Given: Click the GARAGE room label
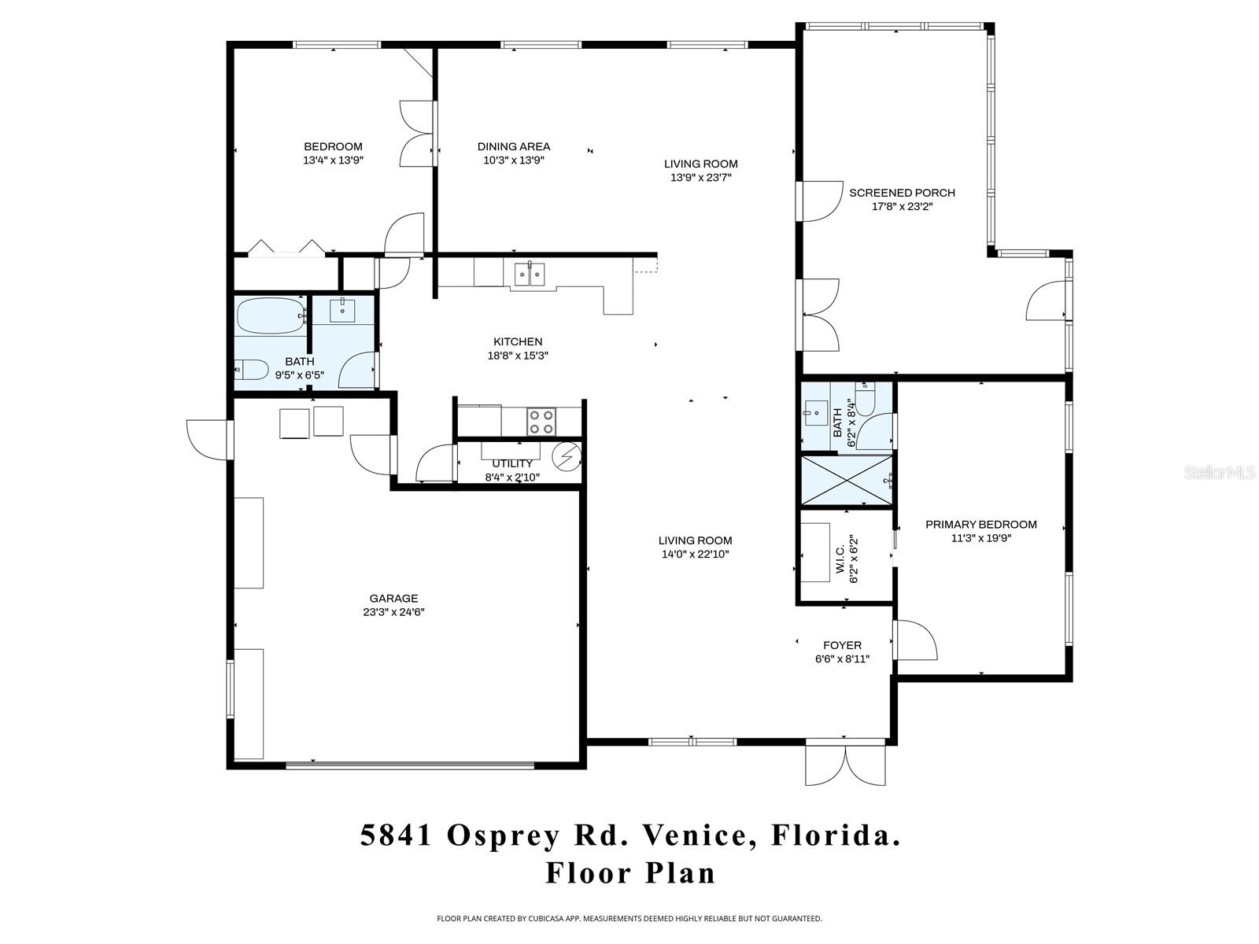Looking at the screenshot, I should tap(393, 599).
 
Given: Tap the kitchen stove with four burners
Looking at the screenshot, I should tap(541, 421).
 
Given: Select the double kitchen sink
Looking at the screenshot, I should tap(529, 275).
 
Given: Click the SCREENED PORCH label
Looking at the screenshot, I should tap(902, 193).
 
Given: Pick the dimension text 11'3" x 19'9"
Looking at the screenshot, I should tap(980, 539).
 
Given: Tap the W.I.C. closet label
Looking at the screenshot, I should tap(840, 560).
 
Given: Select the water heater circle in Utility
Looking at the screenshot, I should tap(567, 455).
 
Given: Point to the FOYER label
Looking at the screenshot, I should tap(842, 645).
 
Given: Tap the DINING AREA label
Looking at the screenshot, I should tap(514, 146).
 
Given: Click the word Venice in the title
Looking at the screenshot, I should tap(693, 835).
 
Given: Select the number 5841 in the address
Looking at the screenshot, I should tap(397, 835).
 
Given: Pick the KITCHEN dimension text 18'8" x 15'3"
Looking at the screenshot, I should tap(517, 356).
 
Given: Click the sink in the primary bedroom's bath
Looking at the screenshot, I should tap(814, 411).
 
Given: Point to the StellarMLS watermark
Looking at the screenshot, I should tap(1220, 473).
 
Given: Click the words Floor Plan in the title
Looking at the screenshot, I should tap(631, 873).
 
